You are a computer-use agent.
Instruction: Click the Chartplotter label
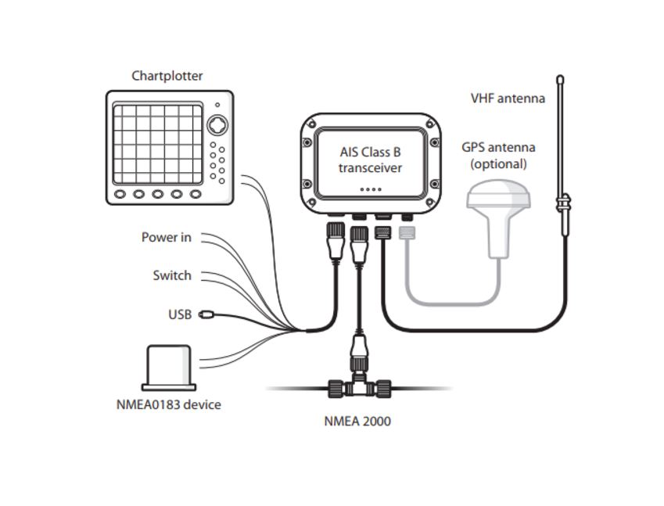point(167,76)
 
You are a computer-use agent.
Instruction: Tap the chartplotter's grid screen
point(157,141)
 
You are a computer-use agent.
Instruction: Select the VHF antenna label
point(508,99)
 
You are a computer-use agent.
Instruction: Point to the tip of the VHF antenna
point(560,79)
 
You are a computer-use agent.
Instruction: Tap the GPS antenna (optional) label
point(498,156)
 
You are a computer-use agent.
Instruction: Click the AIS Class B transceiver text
point(371,160)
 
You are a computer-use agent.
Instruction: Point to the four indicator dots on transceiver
point(371,189)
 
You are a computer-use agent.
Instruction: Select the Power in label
point(166,237)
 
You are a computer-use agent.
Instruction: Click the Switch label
point(172,275)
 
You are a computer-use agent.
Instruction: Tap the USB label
point(180,314)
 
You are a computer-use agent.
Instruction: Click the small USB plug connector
point(207,314)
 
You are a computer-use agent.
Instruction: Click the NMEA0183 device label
point(168,404)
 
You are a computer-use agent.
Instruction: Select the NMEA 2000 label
point(357,421)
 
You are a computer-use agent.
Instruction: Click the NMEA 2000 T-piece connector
point(359,387)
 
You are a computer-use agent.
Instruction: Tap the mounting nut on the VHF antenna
point(561,205)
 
